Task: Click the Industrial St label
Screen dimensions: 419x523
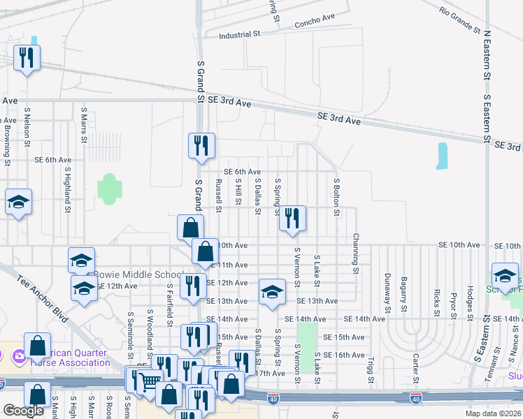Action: click(x=239, y=34)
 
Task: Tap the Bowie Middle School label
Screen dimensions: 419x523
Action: click(x=138, y=274)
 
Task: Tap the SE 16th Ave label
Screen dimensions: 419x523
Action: click(x=344, y=355)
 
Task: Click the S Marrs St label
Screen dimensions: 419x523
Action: click(x=84, y=124)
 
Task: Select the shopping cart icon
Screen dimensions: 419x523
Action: click(x=148, y=381)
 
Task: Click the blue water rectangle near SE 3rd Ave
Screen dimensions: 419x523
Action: click(x=441, y=156)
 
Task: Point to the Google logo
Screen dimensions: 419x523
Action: click(x=23, y=411)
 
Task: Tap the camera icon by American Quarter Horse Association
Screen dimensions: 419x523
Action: click(x=19, y=357)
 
